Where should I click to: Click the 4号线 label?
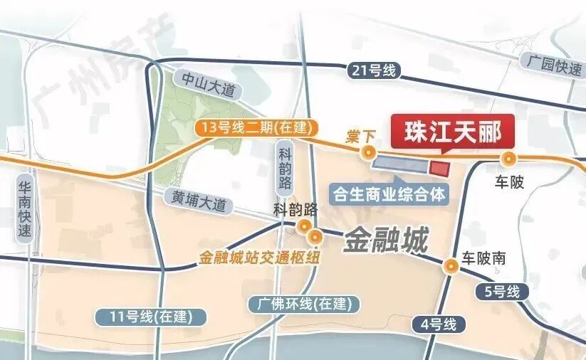[437, 325]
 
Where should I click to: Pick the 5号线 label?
[498, 290]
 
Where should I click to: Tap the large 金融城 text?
[386, 241]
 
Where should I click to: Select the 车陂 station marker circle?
[508, 159]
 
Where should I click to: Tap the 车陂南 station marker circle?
[450, 266]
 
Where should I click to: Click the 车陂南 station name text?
[483, 258]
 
